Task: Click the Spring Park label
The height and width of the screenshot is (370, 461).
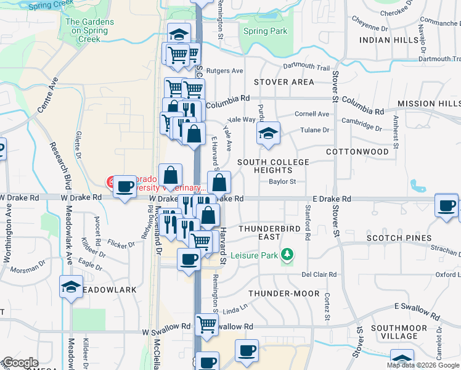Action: click(x=265, y=31)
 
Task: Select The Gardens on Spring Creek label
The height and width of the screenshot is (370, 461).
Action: click(x=89, y=30)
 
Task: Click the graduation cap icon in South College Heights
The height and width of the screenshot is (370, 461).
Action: click(x=268, y=133)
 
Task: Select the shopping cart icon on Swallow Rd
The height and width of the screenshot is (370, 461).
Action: click(x=207, y=324)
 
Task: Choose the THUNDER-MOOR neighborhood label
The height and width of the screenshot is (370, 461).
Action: click(x=284, y=294)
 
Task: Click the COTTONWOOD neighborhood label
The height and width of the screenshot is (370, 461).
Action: click(x=357, y=152)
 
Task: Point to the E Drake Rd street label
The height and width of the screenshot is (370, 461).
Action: click(x=332, y=199)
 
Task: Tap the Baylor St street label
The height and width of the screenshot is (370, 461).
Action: click(x=283, y=182)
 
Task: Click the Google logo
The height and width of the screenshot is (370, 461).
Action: click(x=20, y=363)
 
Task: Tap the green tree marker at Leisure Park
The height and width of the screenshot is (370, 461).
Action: click(x=286, y=253)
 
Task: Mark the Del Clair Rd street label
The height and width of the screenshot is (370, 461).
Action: click(x=319, y=274)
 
